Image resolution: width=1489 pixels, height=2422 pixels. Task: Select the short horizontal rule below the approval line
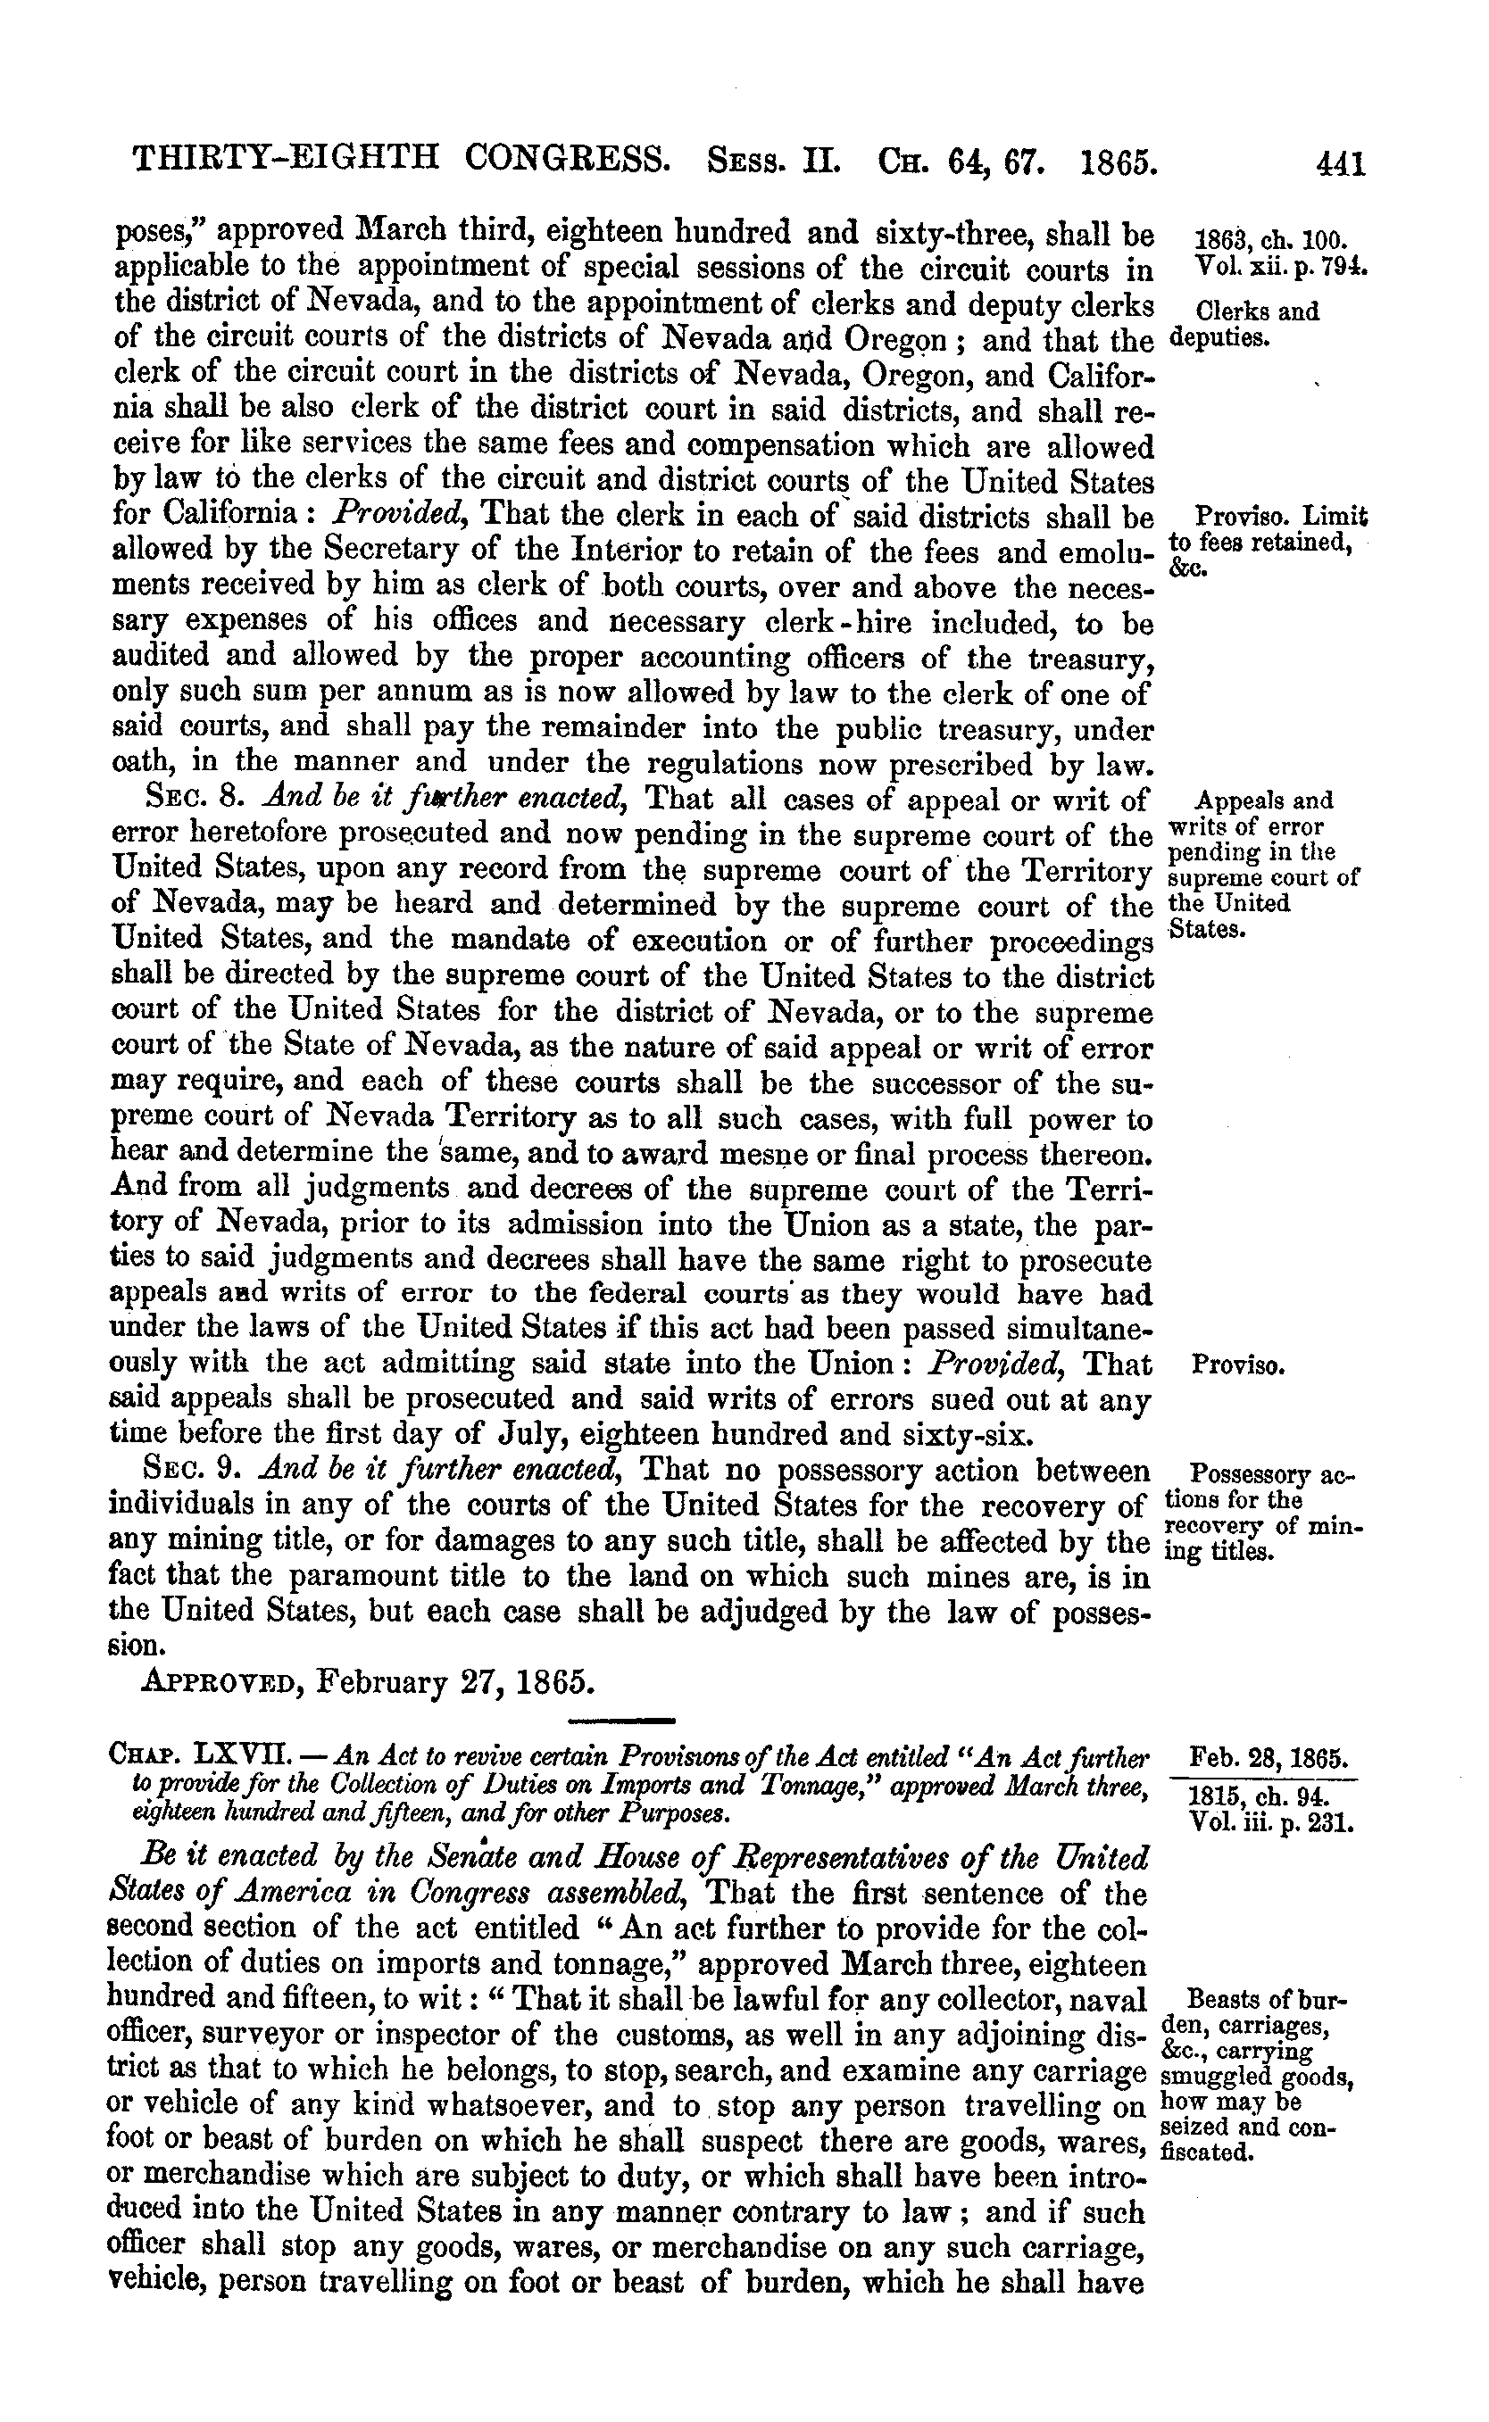(621, 1720)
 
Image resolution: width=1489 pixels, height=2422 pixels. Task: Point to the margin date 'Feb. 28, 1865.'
(1269, 1757)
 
